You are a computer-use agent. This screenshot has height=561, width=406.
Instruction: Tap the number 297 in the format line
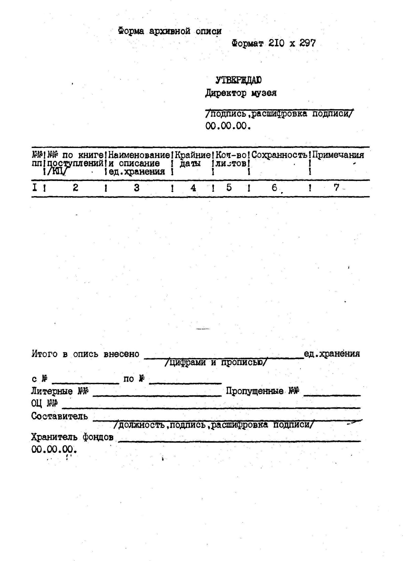pyautogui.click(x=307, y=43)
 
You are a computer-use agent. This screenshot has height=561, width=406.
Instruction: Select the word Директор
pyautogui.click(x=226, y=93)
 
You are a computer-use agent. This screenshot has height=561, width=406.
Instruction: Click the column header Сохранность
pyautogui.click(x=279, y=155)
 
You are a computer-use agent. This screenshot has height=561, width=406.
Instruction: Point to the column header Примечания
pyautogui.click(x=338, y=155)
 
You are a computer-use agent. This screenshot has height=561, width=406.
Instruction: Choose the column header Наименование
pyautogui.click(x=139, y=155)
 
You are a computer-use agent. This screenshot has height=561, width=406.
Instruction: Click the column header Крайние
pyautogui.click(x=193, y=155)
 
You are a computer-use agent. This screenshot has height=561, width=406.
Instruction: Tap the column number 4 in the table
pyautogui.click(x=193, y=188)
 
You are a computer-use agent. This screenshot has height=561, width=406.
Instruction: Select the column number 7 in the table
pyautogui.click(x=336, y=188)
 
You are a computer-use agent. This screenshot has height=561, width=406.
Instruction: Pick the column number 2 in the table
pyautogui.click(x=75, y=188)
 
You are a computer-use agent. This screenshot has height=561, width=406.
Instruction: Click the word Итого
pyautogui.click(x=45, y=354)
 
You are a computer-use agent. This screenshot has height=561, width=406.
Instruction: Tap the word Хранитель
pyautogui.click(x=54, y=437)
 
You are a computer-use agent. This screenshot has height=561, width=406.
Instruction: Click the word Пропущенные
pyautogui.click(x=255, y=391)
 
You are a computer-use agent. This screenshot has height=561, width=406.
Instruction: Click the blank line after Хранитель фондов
pyautogui.click(x=239, y=441)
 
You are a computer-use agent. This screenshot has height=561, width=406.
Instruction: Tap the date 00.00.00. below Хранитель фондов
pyautogui.click(x=54, y=450)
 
